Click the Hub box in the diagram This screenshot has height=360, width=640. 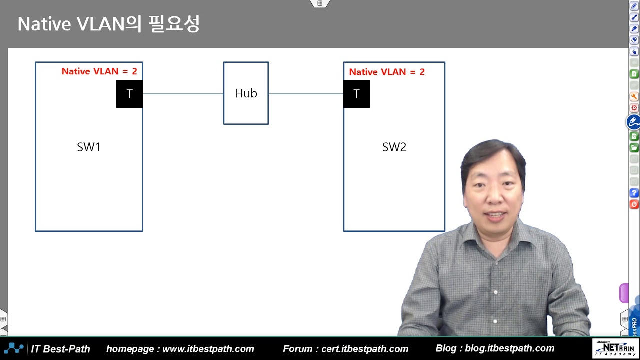pyautogui.click(x=246, y=93)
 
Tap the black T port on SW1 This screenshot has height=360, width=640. pyautogui.click(x=129, y=94)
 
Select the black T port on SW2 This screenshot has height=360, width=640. pyautogui.click(x=356, y=94)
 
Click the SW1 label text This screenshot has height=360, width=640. pyautogui.click(x=89, y=147)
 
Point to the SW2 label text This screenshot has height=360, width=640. pyautogui.click(x=394, y=147)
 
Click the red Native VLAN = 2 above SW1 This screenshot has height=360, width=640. pyautogui.click(x=99, y=71)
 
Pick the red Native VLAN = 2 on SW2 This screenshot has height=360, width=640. pyautogui.click(x=387, y=72)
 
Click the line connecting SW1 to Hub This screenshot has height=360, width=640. pyautogui.click(x=183, y=94)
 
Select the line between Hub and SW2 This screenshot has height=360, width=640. pyautogui.click(x=306, y=94)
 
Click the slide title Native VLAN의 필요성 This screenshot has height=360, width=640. pyautogui.click(x=108, y=24)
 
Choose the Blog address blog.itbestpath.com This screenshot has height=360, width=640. pyautogui.click(x=509, y=348)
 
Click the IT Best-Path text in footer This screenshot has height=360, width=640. pyautogui.click(x=61, y=349)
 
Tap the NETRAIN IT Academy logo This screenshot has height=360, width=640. pyautogui.click(x=614, y=348)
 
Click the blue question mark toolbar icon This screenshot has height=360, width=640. pyautogui.click(x=634, y=193)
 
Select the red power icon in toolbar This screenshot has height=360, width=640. pyautogui.click(x=634, y=204)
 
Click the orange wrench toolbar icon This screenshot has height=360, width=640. pyautogui.click(x=634, y=97)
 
